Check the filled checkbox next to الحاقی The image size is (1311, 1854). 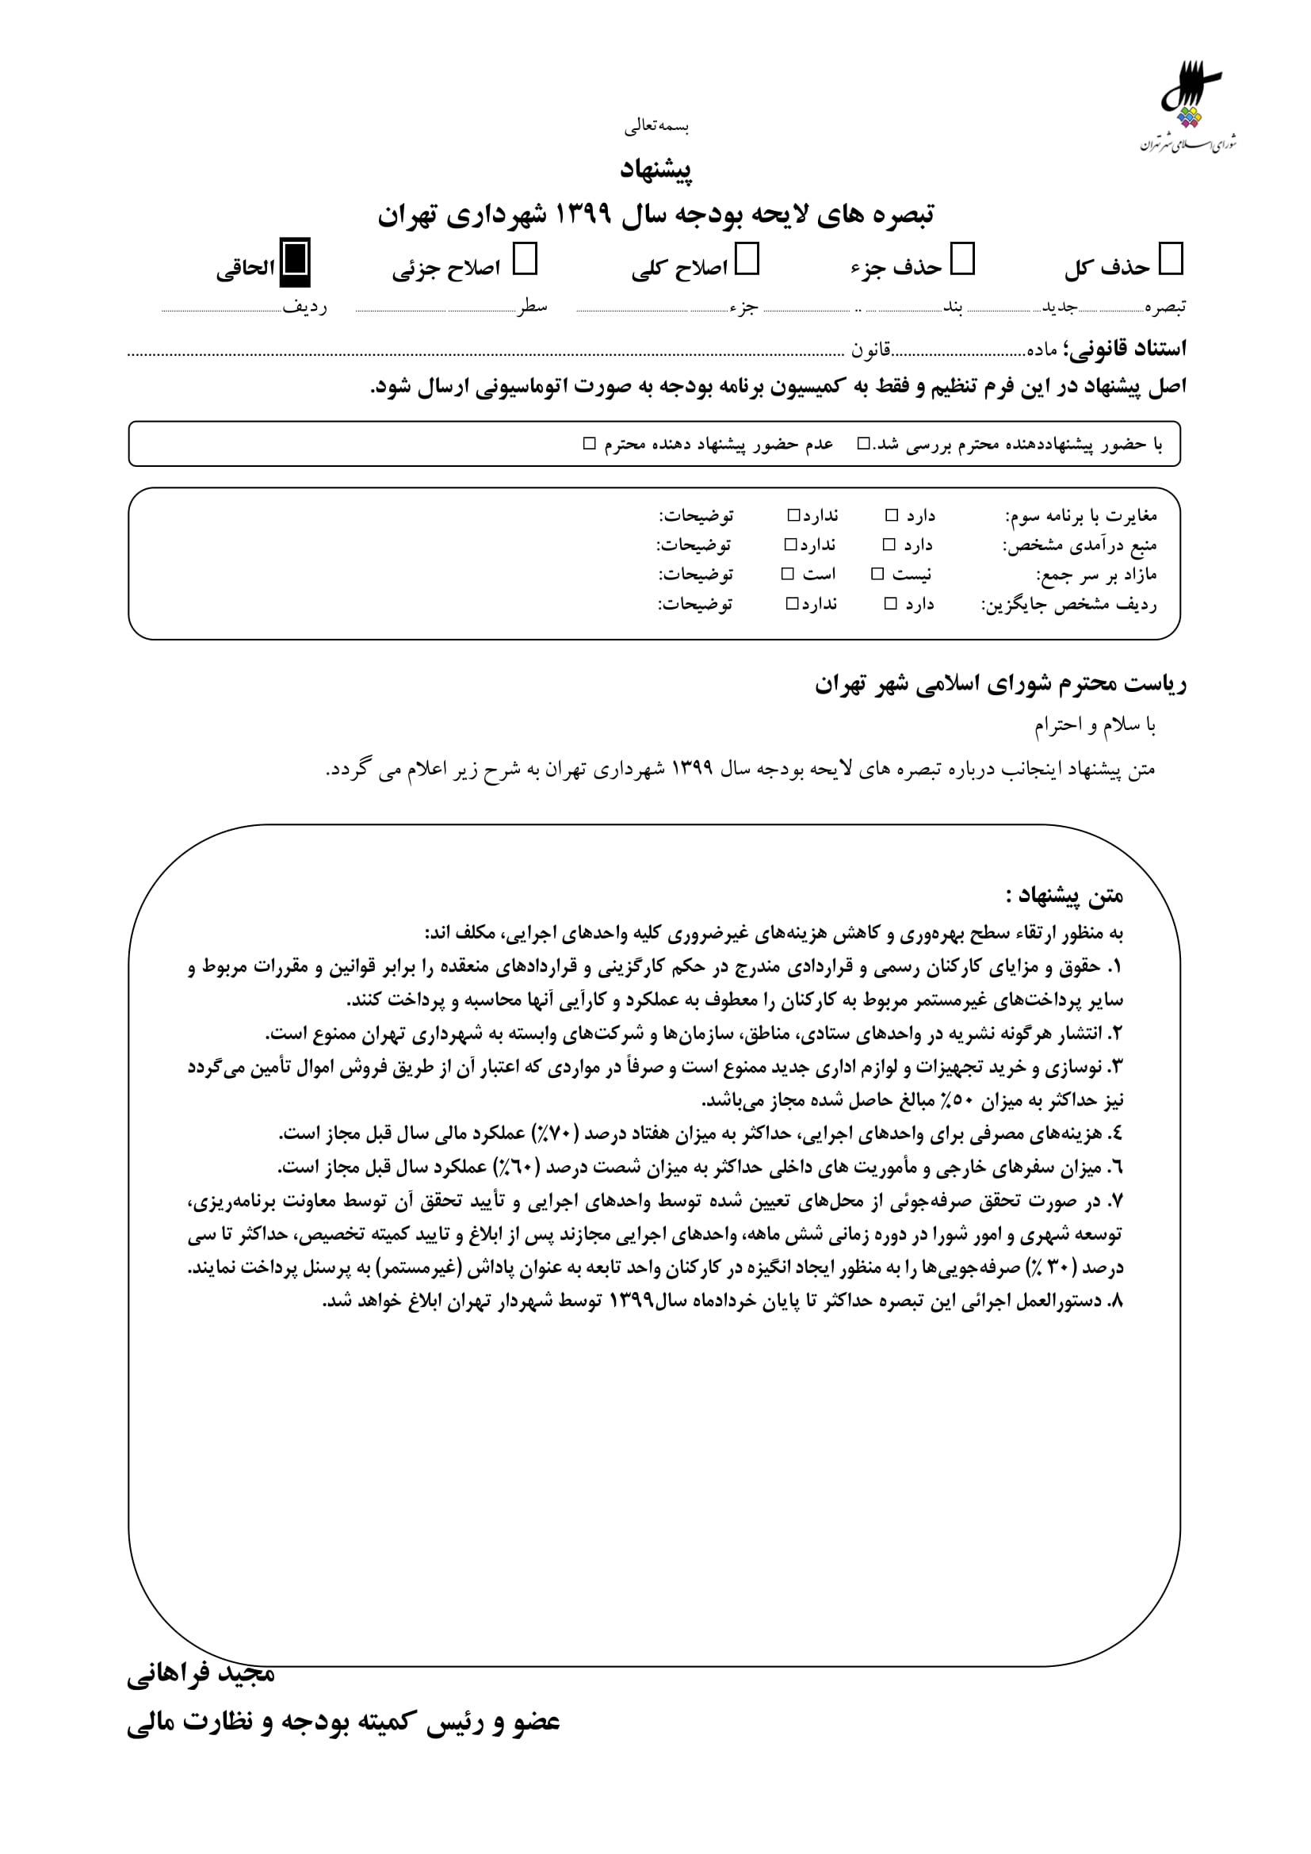(295, 262)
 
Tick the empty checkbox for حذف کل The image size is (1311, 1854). (1171, 260)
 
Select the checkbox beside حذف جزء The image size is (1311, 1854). (963, 260)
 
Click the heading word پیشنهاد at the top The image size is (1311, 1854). (655, 169)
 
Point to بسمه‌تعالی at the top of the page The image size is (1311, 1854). (655, 127)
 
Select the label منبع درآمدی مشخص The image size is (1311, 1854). (1080, 545)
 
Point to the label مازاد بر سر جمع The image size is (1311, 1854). (1096, 574)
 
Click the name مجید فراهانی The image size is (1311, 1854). (201, 1674)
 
